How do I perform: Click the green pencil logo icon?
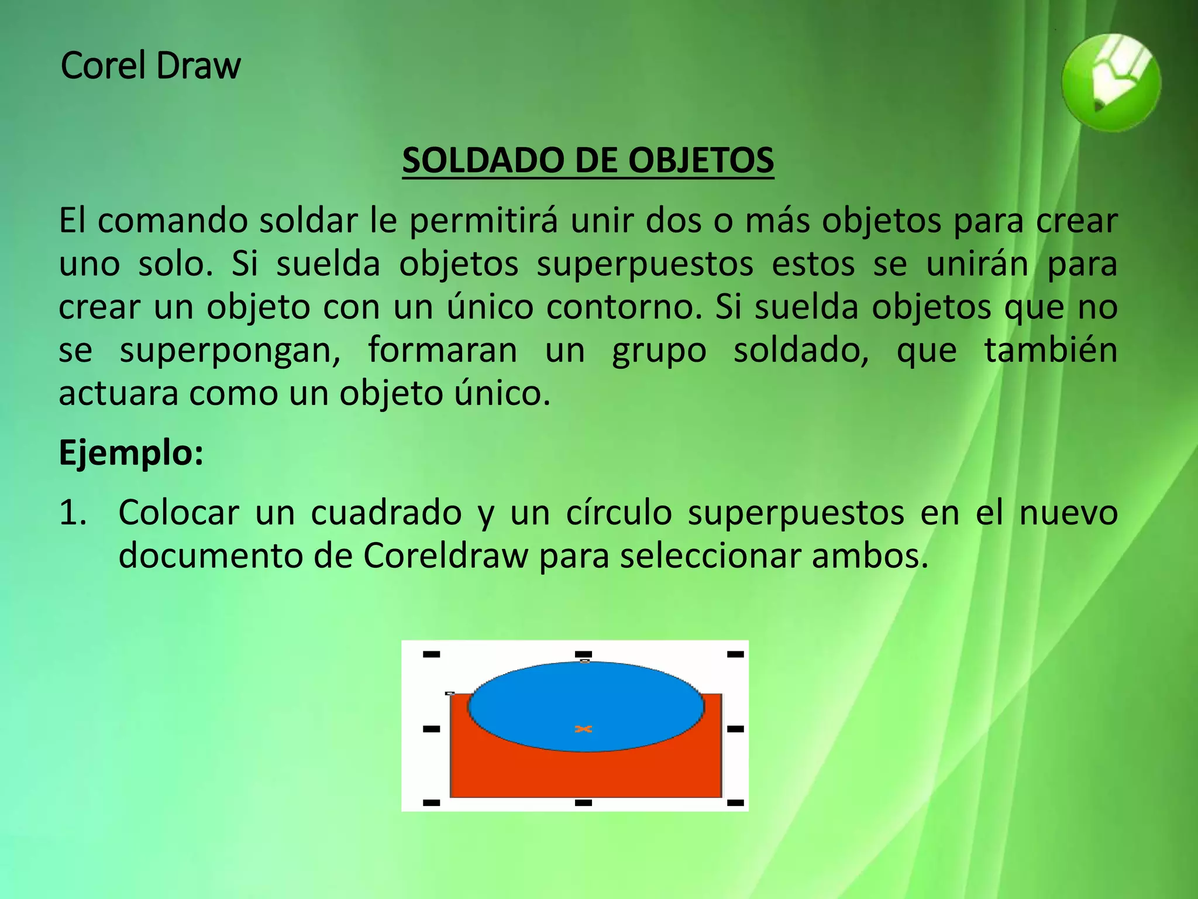point(1111,83)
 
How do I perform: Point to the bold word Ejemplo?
point(131,452)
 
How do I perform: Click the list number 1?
point(73,513)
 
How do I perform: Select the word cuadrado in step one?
point(386,513)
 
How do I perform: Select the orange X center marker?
point(583,729)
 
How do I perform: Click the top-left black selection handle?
point(431,654)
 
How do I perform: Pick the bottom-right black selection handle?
point(735,803)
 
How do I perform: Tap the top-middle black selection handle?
point(583,654)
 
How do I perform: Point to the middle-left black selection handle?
point(431,729)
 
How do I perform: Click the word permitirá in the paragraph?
point(483,221)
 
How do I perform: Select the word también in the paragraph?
point(1050,350)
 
